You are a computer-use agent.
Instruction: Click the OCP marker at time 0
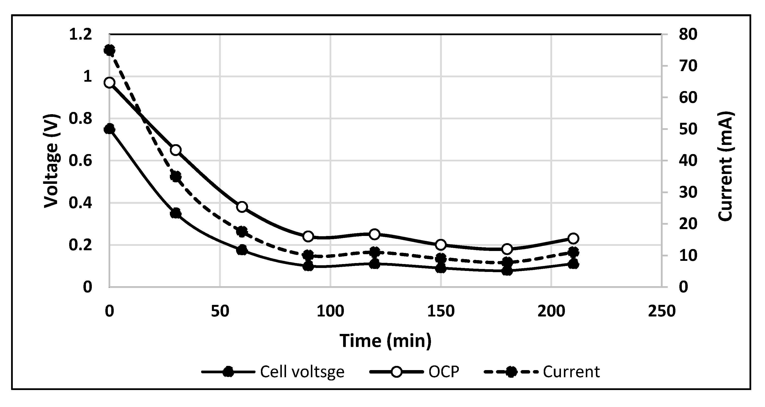110,82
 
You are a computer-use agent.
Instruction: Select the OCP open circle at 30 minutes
176,150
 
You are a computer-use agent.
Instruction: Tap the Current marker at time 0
110,50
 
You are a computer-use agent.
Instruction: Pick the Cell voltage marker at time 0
110,129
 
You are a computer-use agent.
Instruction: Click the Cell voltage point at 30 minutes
176,213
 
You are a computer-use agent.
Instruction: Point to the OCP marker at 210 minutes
573,238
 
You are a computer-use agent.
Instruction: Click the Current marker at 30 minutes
176,177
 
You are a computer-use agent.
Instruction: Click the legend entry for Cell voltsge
302,372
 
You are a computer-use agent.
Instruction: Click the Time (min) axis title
385,341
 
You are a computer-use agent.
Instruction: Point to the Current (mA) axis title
725,166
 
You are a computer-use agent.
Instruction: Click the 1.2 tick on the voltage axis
80,35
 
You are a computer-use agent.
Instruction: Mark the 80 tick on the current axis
688,34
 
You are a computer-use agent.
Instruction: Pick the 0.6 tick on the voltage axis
80,161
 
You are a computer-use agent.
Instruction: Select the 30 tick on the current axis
688,192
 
